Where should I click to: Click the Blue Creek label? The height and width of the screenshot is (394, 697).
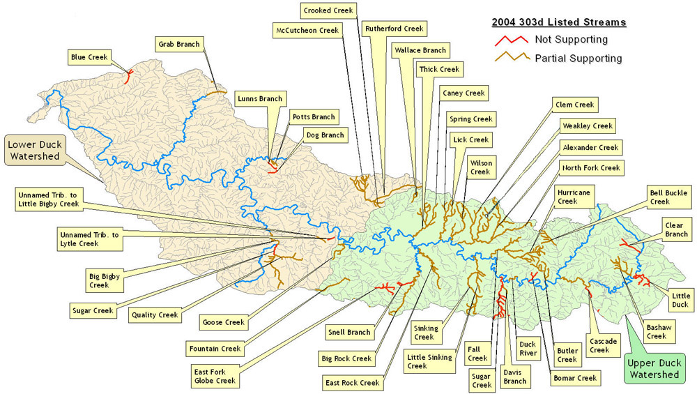pos(89,56)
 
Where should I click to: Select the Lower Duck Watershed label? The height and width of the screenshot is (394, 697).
pos(33,151)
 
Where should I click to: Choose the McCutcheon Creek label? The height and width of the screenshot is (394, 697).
pos(306,30)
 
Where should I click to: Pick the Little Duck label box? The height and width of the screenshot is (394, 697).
pos(680,299)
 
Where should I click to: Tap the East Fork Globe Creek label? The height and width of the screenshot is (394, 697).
pos(215,377)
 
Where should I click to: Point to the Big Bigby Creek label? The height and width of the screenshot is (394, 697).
pos(104,280)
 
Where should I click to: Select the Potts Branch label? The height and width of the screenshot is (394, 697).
pos(313,117)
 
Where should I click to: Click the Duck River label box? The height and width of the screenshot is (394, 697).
pos(528,347)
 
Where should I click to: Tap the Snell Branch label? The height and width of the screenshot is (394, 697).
pos(348,332)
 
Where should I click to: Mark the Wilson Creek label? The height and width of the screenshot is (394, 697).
pos(480,167)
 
